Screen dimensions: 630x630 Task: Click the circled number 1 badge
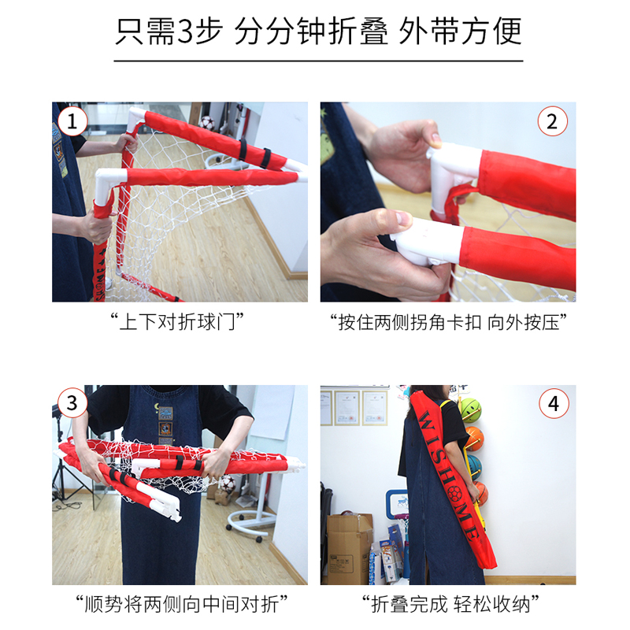click(72, 121)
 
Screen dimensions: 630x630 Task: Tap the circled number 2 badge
click(553, 121)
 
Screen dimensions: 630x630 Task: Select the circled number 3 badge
click(72, 402)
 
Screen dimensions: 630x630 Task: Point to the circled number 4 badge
click(554, 403)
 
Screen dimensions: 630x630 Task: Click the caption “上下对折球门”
click(177, 322)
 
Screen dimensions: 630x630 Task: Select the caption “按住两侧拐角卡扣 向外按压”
click(448, 322)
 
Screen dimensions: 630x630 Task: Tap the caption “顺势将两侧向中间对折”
click(182, 604)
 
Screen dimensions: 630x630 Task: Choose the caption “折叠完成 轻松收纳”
click(450, 604)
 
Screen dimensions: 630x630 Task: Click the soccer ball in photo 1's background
click(207, 122)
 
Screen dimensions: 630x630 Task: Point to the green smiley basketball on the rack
click(469, 409)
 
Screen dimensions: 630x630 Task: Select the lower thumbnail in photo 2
click(403, 220)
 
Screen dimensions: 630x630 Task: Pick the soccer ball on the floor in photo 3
click(228, 484)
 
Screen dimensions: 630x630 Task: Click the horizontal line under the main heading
click(318, 61)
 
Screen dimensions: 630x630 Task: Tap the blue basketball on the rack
click(474, 466)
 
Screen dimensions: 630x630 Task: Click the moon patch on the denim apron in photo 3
click(156, 407)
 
